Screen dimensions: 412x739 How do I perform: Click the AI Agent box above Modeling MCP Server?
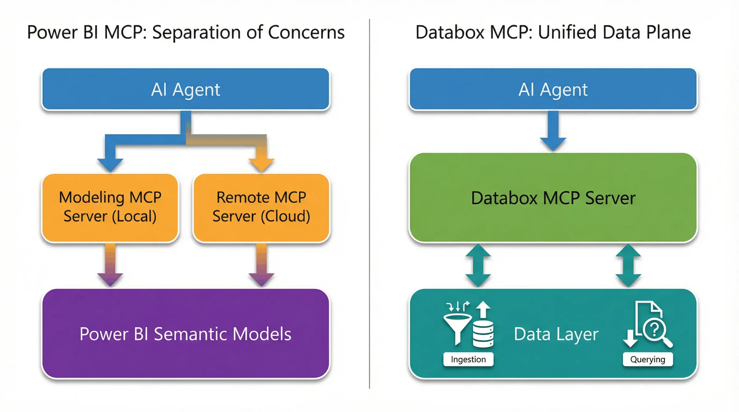(x=185, y=89)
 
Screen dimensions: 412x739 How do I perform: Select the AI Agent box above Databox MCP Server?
(x=553, y=89)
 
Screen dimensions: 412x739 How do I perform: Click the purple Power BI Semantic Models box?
(x=185, y=334)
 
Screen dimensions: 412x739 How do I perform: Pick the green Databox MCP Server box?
(x=553, y=198)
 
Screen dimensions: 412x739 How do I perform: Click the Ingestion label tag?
(x=468, y=359)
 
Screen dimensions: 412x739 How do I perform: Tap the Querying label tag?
(x=647, y=359)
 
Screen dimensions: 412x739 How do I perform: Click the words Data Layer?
(x=556, y=334)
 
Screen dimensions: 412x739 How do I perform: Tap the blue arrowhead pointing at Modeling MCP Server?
(x=110, y=164)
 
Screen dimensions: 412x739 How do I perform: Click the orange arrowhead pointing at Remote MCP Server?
(x=261, y=164)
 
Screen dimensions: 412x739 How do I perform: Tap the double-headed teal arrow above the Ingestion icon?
(x=478, y=265)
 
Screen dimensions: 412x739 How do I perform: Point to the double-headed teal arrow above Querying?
(x=628, y=265)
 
